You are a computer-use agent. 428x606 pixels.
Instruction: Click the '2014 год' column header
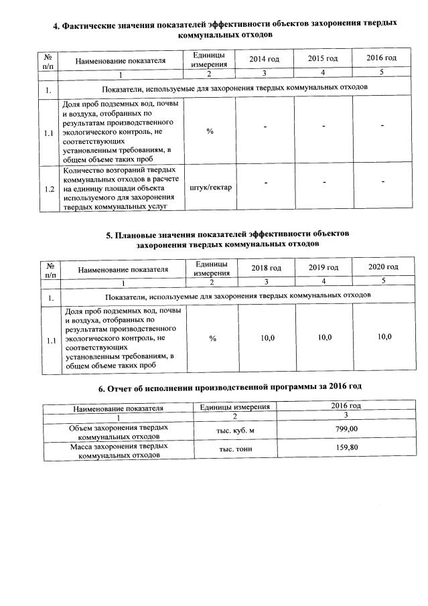[x=264, y=60]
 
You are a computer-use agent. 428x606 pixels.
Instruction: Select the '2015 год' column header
[x=323, y=60]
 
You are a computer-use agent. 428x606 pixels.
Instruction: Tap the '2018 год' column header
[x=266, y=268]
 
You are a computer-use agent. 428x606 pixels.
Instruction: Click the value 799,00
[x=346, y=429]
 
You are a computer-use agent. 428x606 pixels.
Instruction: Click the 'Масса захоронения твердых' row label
[x=119, y=449]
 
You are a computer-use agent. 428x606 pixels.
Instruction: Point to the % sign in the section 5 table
[x=212, y=339]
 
